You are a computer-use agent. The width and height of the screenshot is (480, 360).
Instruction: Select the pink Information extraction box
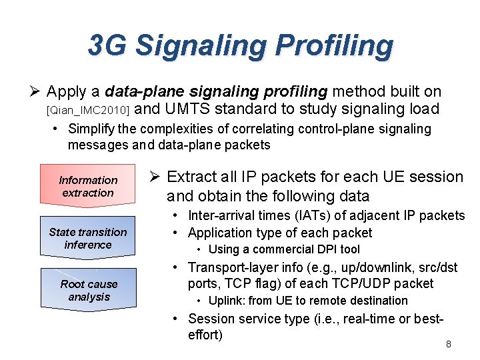(88, 187)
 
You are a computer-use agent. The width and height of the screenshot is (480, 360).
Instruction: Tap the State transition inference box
(88, 239)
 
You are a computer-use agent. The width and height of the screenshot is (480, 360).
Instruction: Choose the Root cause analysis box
(88, 291)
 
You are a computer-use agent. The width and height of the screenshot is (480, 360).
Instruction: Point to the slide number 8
(449, 344)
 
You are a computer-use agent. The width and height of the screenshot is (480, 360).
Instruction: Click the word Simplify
(91, 129)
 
